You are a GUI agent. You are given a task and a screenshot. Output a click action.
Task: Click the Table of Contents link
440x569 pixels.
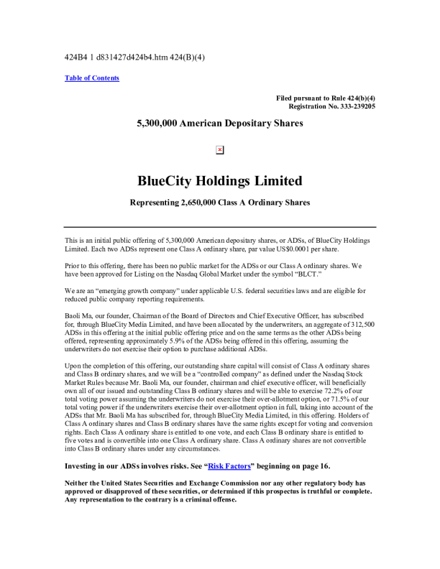[92, 78]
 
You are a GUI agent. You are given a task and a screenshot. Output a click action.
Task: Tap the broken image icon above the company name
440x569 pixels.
[220, 149]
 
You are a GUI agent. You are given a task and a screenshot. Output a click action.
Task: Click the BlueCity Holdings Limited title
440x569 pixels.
[220, 180]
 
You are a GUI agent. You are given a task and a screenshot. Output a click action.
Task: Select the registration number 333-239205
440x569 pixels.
[349, 106]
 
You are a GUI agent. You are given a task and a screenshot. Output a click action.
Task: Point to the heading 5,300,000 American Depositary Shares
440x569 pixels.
[220, 123]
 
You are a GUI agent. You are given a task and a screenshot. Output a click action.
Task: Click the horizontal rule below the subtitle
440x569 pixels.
[220, 226]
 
